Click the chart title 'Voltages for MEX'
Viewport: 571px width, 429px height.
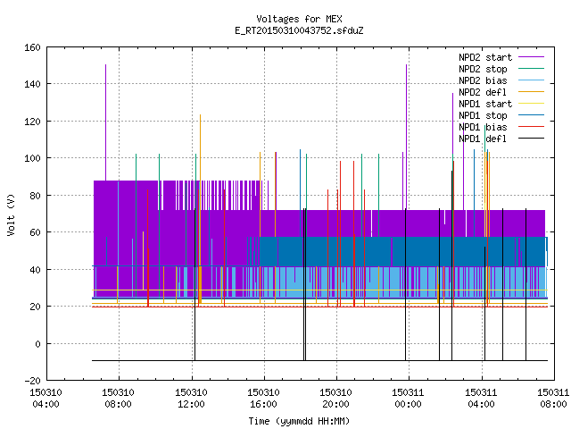299,19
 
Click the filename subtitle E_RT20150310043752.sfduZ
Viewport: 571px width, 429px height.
299,30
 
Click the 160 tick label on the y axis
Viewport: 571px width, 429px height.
32,47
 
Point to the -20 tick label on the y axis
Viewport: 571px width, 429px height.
32,381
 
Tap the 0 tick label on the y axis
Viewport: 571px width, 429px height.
37,343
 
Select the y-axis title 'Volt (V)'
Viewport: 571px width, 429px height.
11,214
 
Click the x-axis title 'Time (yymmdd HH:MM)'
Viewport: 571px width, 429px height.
299,421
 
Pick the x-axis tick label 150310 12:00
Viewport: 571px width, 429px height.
191,399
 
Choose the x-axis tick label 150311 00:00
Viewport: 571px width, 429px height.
409,399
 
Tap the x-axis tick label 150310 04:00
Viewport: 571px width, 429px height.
46,399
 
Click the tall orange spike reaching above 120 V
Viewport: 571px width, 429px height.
200,209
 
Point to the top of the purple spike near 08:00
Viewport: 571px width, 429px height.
105,65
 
